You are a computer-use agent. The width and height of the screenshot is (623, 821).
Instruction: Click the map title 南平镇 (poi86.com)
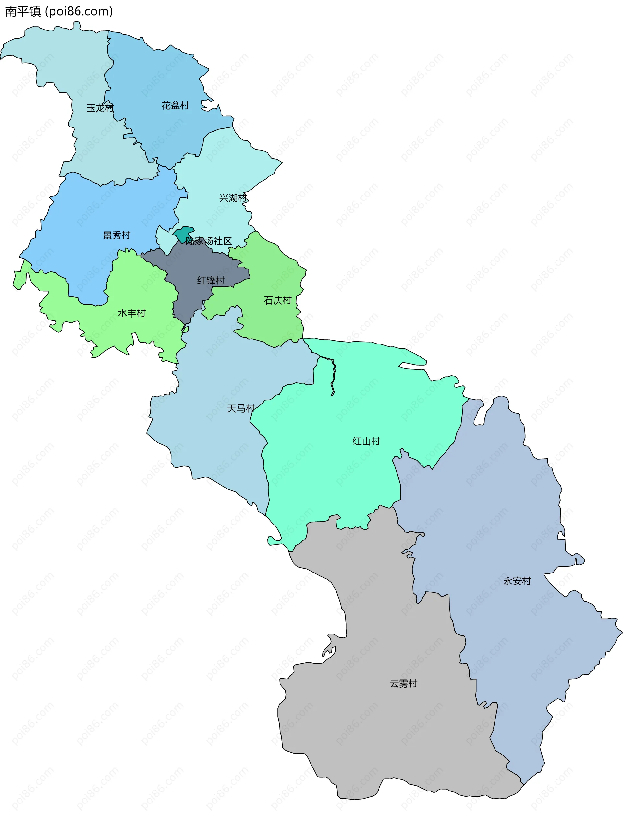(x=59, y=11)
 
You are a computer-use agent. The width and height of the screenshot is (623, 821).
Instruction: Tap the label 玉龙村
(x=100, y=108)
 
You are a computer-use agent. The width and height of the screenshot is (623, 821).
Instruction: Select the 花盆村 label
(x=175, y=106)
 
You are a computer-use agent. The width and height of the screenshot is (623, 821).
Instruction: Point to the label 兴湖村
(x=233, y=198)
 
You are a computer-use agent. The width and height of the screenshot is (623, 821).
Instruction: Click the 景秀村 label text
(x=116, y=235)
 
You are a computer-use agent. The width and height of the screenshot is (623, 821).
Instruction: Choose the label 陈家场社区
(x=209, y=241)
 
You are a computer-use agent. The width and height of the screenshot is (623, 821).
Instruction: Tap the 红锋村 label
(x=211, y=281)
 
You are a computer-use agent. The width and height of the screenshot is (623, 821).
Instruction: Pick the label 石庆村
(x=278, y=300)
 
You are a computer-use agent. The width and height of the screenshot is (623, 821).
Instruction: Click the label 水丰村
(x=132, y=313)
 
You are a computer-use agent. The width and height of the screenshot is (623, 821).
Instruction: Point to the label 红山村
(x=366, y=441)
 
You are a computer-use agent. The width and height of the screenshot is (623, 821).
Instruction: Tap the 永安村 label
(x=517, y=581)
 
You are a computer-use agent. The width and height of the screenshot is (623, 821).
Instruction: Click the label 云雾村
(x=404, y=684)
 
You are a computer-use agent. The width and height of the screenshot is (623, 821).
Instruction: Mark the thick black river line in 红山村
(x=334, y=375)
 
